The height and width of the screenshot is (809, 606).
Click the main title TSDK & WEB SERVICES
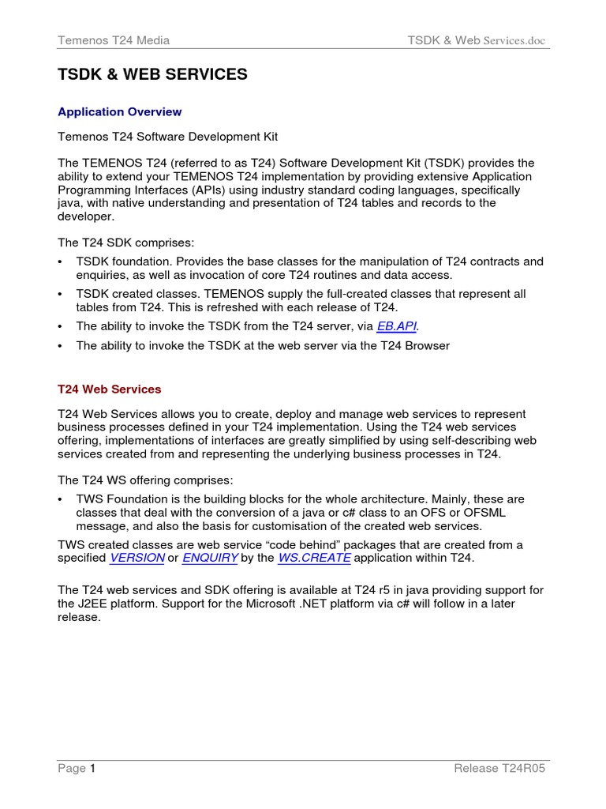click(152, 75)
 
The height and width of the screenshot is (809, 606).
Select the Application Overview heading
click(120, 112)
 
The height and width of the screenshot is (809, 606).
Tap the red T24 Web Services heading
click(110, 389)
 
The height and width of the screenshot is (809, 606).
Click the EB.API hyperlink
click(397, 325)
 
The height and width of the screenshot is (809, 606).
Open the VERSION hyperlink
click(137, 558)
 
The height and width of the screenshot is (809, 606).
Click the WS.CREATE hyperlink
click(314, 558)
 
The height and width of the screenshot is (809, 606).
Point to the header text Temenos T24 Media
click(114, 40)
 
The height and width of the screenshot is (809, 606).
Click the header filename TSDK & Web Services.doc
click(476, 40)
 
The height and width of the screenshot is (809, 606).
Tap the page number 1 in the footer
click(92, 769)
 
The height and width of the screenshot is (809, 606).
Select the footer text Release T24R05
click(500, 769)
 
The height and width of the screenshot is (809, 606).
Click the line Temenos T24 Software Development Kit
click(168, 137)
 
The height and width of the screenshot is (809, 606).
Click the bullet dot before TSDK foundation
click(62, 262)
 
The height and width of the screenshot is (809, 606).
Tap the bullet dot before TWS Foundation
click(62, 500)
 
